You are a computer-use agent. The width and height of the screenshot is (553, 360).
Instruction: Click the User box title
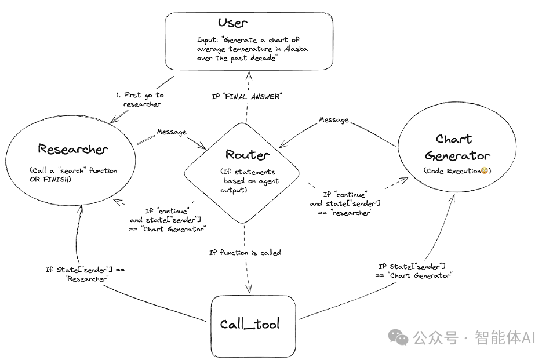(232, 23)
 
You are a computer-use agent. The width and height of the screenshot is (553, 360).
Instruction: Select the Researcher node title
(73, 149)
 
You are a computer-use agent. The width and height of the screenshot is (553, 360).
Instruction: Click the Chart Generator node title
(457, 147)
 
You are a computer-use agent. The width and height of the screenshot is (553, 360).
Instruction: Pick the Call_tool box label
(249, 323)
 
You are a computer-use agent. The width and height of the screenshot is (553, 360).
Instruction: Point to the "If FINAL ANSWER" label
(246, 96)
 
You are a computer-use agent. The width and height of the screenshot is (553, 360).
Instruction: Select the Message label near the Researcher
(172, 132)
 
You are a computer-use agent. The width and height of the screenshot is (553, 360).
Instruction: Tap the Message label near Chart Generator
(334, 120)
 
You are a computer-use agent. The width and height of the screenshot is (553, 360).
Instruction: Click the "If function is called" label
(245, 252)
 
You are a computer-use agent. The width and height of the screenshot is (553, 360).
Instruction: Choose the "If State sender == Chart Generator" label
(412, 271)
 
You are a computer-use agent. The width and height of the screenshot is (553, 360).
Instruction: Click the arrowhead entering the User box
(248, 75)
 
